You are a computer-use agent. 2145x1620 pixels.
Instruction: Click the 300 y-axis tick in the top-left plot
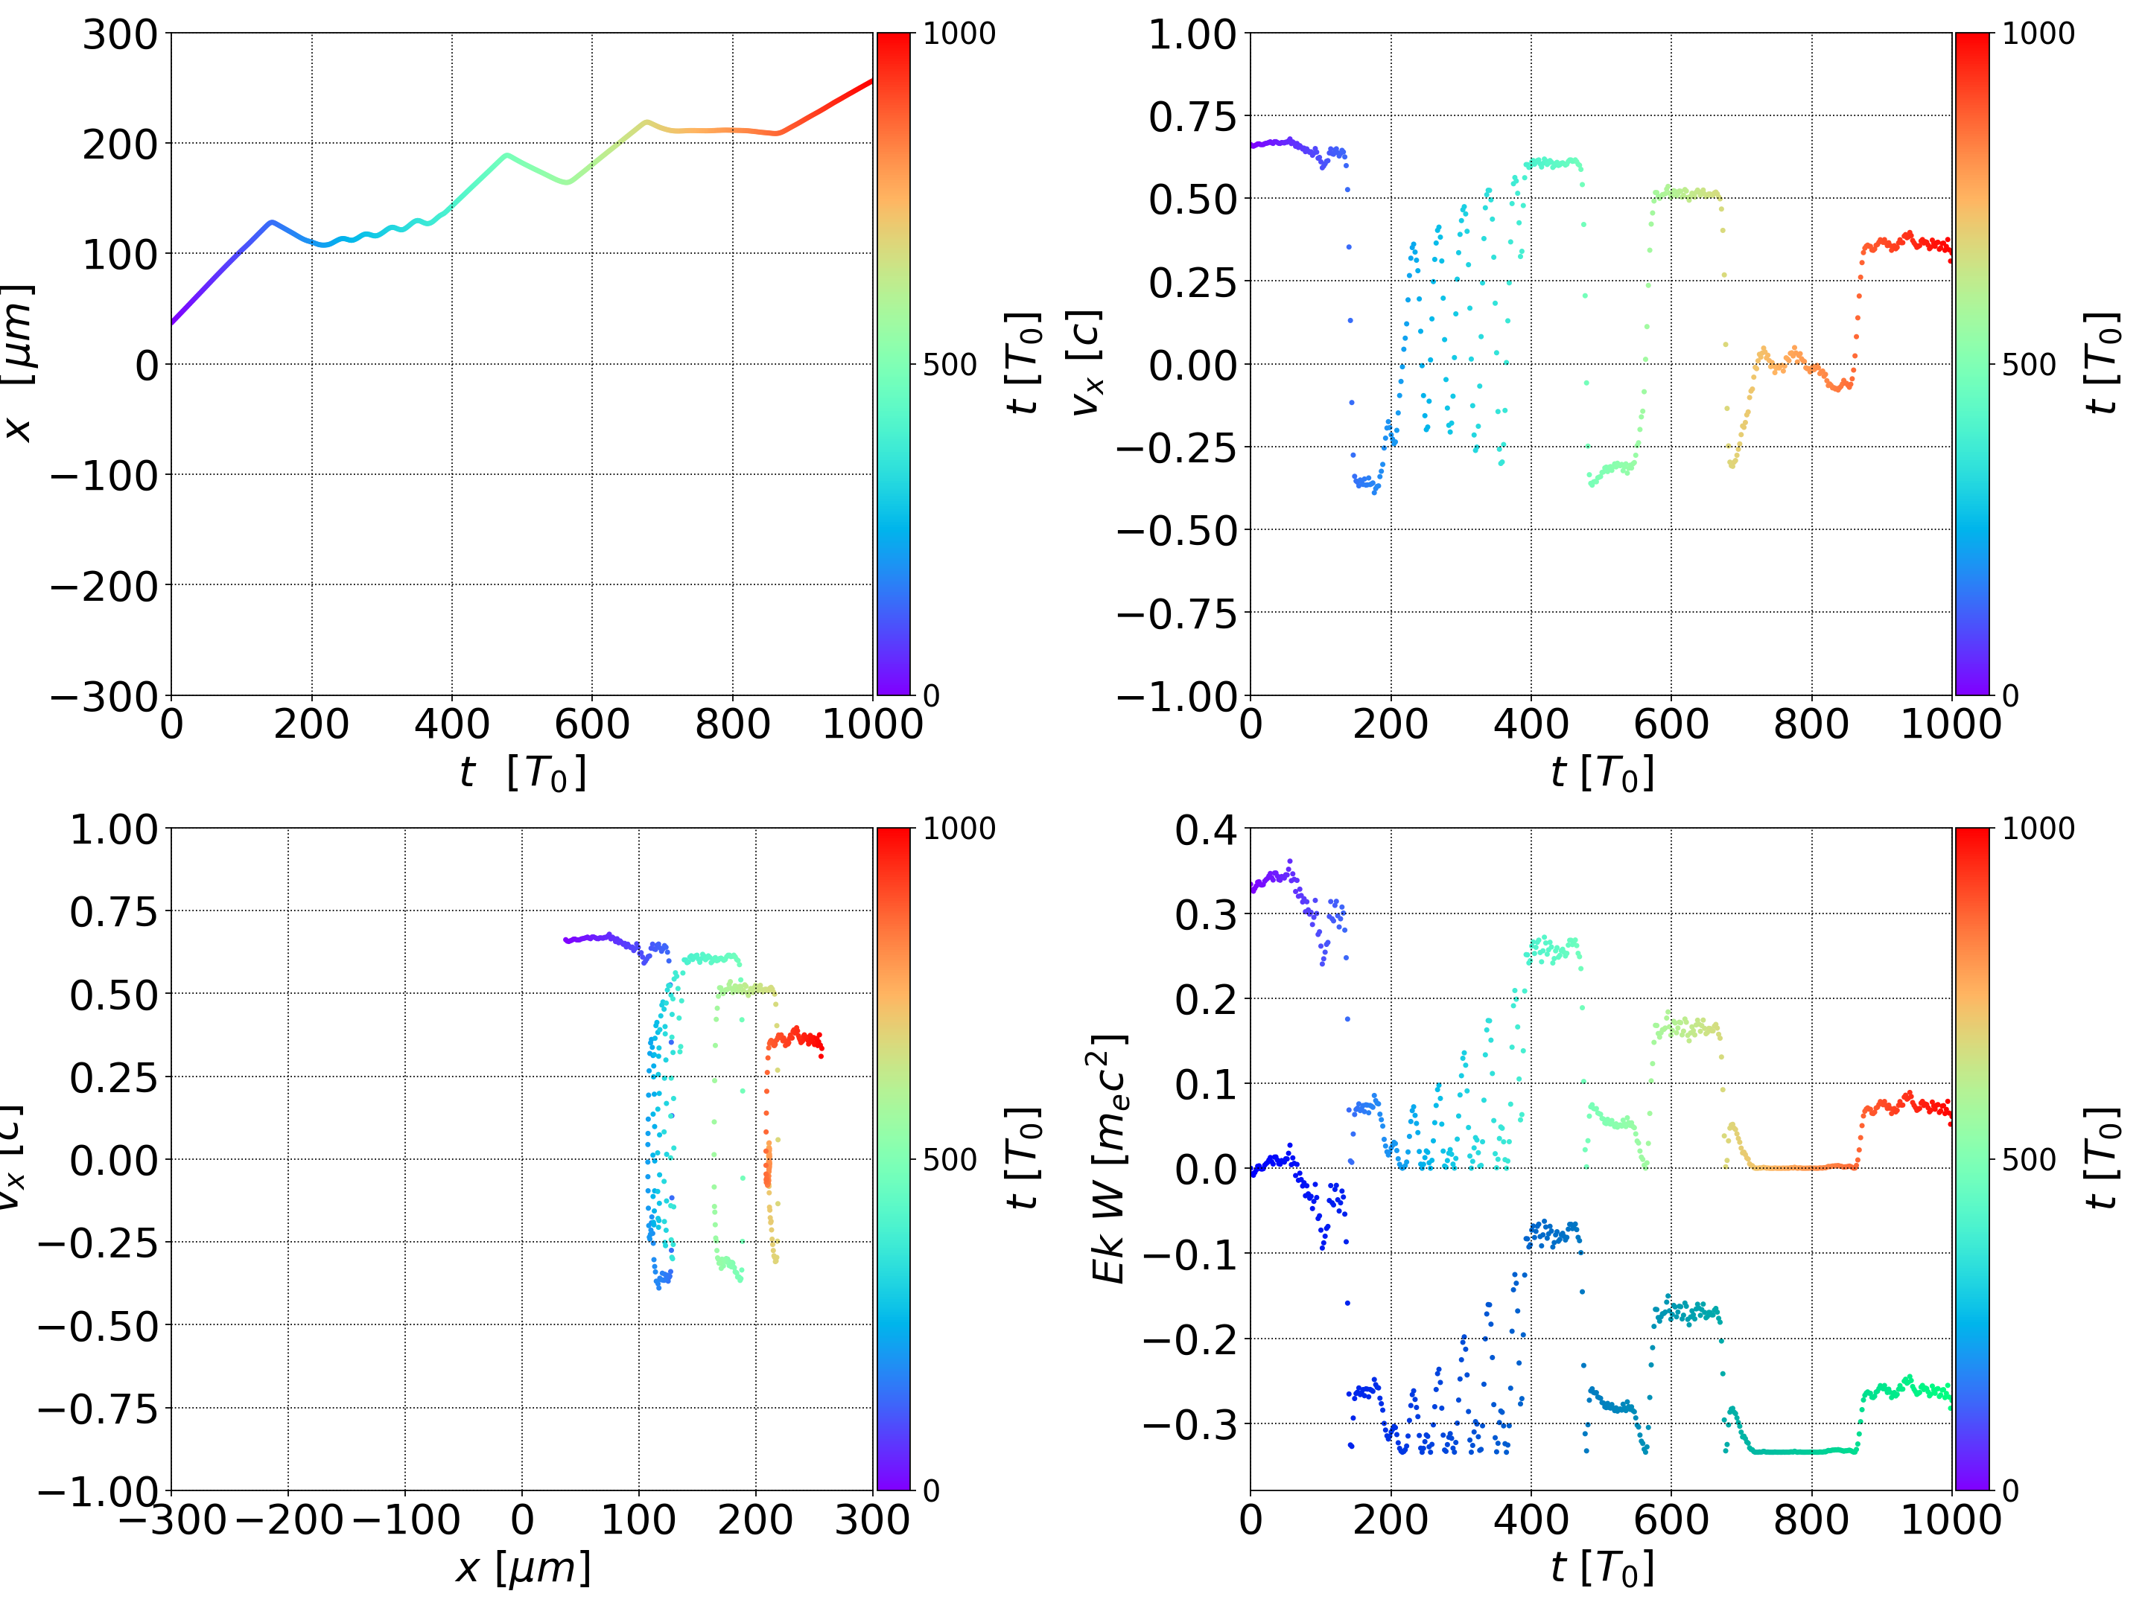tap(119, 35)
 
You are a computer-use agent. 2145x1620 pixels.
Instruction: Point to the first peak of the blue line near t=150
tap(272, 222)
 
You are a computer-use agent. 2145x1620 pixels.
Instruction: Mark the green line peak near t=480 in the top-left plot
tap(506, 154)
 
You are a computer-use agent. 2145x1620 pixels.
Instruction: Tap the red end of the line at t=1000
tap(870, 81)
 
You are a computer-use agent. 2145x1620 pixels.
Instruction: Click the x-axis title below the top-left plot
tap(524, 774)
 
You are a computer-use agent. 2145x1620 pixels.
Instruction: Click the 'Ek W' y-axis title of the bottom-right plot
tap(1108, 1158)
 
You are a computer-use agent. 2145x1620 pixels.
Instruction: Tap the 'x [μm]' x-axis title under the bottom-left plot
tap(524, 1569)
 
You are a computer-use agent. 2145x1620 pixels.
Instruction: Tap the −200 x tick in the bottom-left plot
tap(289, 1519)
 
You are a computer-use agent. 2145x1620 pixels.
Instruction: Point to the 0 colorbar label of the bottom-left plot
tap(931, 1491)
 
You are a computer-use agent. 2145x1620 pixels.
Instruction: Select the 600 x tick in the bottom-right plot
tap(1671, 1519)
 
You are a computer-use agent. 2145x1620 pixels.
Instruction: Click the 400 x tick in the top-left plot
tap(452, 724)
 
